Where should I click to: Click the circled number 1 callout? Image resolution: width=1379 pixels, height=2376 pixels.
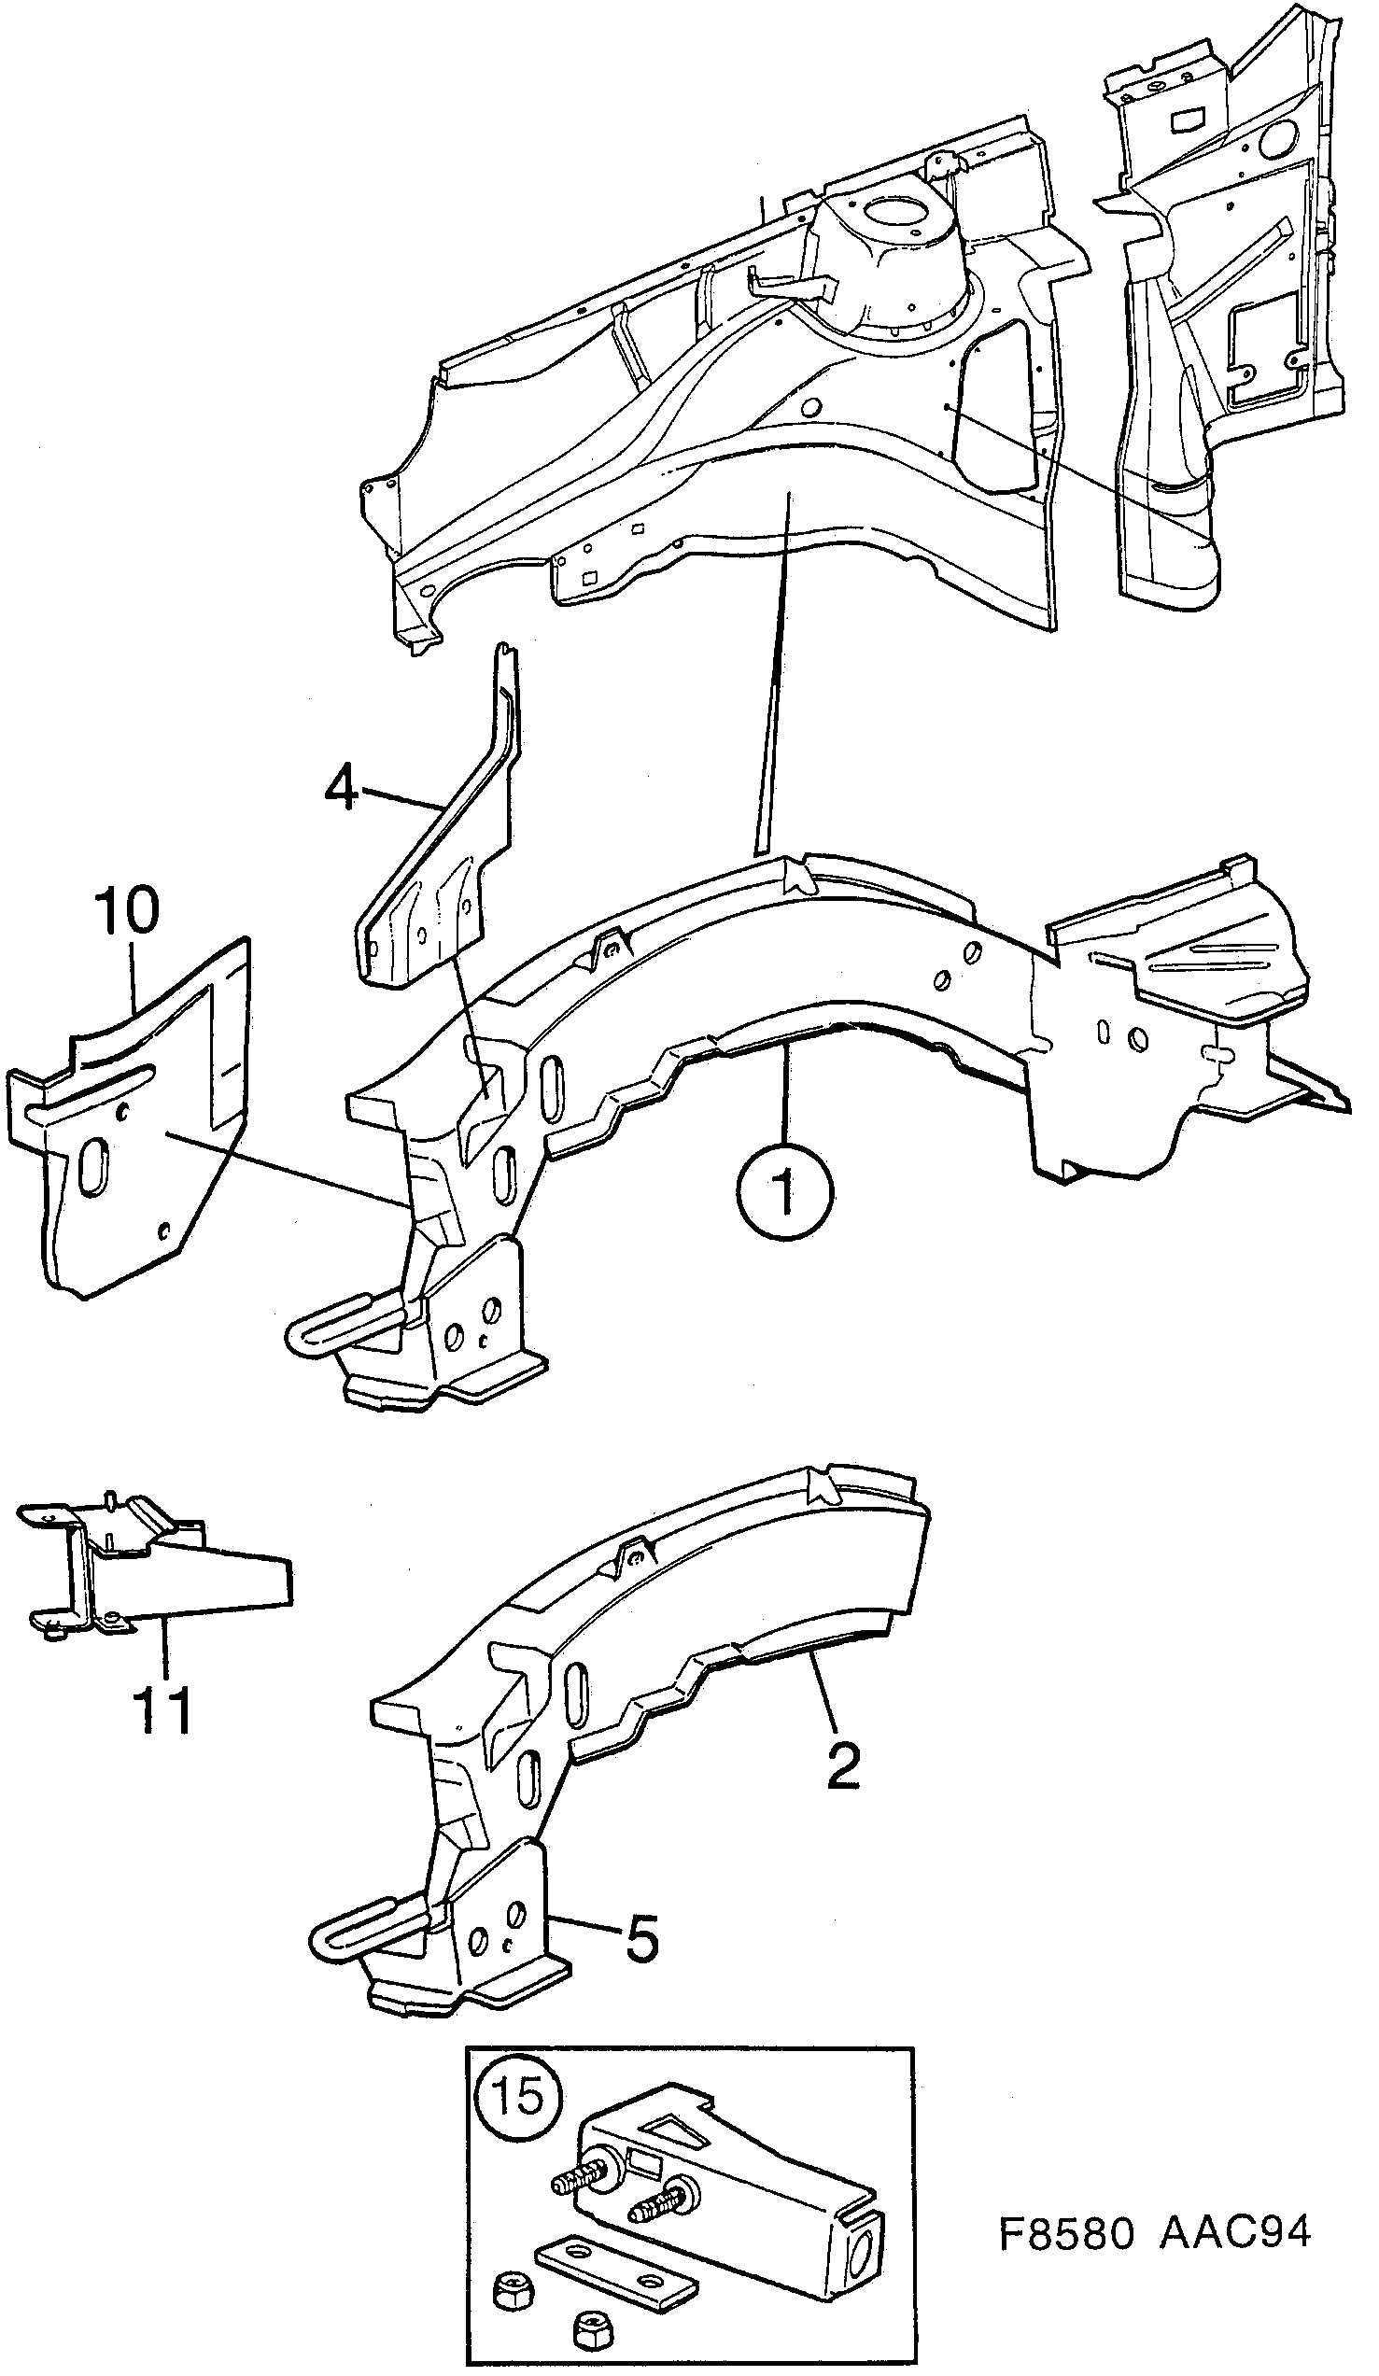point(786,1191)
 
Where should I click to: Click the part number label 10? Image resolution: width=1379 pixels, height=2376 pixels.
point(126,911)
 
